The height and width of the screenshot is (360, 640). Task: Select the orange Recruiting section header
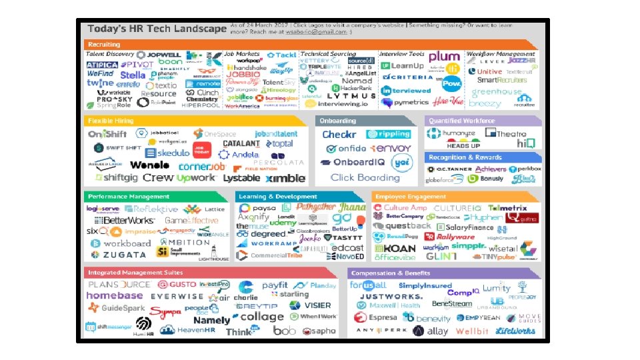pyautogui.click(x=104, y=45)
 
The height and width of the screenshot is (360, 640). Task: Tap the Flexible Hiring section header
pyautogui.click(x=111, y=121)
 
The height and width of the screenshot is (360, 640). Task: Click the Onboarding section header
pyautogui.click(x=339, y=121)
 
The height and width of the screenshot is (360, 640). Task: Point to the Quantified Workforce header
pyautogui.click(x=461, y=121)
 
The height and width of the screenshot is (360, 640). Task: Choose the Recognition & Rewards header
pyautogui.click(x=465, y=157)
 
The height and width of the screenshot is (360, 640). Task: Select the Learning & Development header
pyautogui.click(x=278, y=197)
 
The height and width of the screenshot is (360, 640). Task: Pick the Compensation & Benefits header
pyautogui.click(x=391, y=273)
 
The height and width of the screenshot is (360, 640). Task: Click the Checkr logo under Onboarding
pyautogui.click(x=339, y=134)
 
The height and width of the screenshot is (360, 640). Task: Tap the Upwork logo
pyautogui.click(x=196, y=178)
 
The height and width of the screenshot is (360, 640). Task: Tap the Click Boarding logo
pyautogui.click(x=365, y=178)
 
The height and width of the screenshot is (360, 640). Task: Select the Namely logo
pyautogui.click(x=211, y=321)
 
